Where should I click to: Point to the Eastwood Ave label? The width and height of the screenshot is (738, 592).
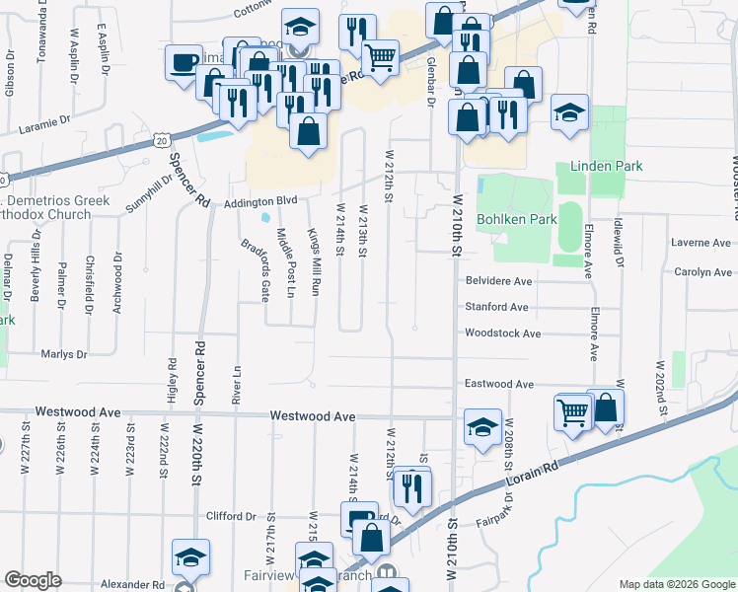[498, 384]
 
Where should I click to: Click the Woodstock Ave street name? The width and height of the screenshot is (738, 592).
[502, 333]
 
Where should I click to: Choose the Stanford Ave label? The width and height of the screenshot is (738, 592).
[497, 307]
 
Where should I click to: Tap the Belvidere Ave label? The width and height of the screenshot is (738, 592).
[498, 281]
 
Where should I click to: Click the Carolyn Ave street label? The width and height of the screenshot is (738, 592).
[701, 271]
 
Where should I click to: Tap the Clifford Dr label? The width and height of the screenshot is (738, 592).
[231, 516]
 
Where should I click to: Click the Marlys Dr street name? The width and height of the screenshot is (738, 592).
[64, 354]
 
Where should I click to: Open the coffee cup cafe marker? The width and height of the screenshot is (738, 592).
[184, 64]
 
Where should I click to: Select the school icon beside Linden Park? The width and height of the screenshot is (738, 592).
[568, 112]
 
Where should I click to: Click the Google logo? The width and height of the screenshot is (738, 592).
[33, 580]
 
